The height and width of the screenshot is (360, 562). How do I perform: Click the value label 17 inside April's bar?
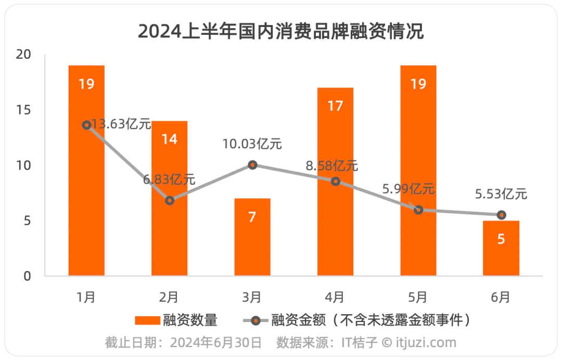click(335, 106)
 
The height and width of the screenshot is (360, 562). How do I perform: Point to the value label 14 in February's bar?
click(169, 139)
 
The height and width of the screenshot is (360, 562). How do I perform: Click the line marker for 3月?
click(252, 165)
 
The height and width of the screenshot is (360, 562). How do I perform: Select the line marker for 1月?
click(86, 125)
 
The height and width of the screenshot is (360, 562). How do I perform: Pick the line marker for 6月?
click(501, 215)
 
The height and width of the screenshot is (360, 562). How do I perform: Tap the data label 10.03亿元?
click(252, 144)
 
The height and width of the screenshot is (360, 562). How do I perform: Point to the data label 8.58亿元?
click(332, 166)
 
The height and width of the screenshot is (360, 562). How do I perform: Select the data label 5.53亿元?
click(501, 195)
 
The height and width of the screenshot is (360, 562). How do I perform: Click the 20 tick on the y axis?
click(23, 55)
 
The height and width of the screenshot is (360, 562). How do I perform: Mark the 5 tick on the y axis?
click(27, 221)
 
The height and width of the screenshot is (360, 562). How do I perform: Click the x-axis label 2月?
click(169, 297)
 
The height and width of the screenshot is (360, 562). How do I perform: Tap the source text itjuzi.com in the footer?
click(427, 343)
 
